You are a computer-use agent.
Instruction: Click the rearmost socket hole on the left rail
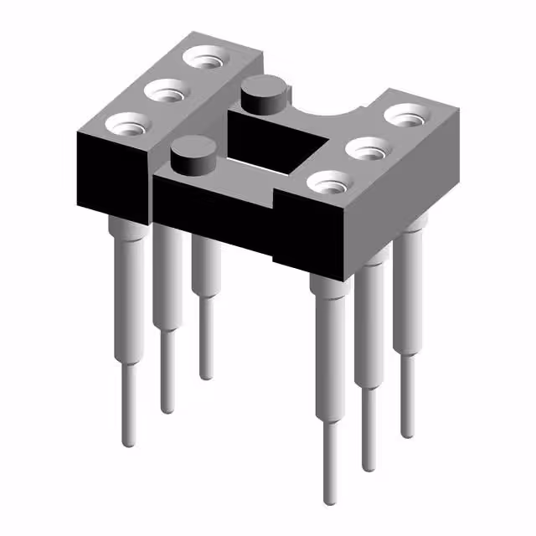tap(206, 58)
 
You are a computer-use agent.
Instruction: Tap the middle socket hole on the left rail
tap(168, 90)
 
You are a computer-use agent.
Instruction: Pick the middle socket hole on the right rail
tap(368, 147)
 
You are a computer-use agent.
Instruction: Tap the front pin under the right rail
tap(329, 352)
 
